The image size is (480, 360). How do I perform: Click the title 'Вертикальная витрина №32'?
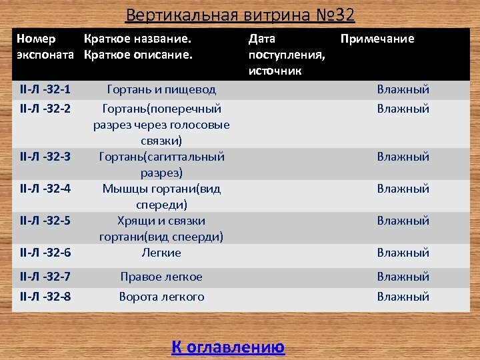[240, 15]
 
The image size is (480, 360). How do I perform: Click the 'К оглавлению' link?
[228, 347]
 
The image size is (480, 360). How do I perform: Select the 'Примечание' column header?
[377, 39]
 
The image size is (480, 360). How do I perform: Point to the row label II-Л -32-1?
[45, 89]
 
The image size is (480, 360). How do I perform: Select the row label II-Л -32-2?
[45, 109]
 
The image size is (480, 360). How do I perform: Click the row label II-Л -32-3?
[45, 157]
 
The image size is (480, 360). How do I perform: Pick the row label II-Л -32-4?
[45, 189]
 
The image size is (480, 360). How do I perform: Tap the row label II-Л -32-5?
[45, 221]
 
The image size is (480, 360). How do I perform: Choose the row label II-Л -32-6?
[45, 253]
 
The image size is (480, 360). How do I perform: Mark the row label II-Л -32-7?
[45, 277]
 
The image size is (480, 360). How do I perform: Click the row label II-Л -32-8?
[45, 297]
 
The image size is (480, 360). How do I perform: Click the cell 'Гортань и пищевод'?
[161, 89]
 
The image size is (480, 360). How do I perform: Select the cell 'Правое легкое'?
[161, 277]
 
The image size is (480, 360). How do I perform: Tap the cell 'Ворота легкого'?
[161, 297]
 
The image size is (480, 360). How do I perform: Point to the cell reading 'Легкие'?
[161, 253]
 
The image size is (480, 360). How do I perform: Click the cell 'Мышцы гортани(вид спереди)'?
[161, 197]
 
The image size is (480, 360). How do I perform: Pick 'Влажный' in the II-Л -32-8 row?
[403, 297]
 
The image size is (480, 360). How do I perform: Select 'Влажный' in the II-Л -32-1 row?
[403, 89]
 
